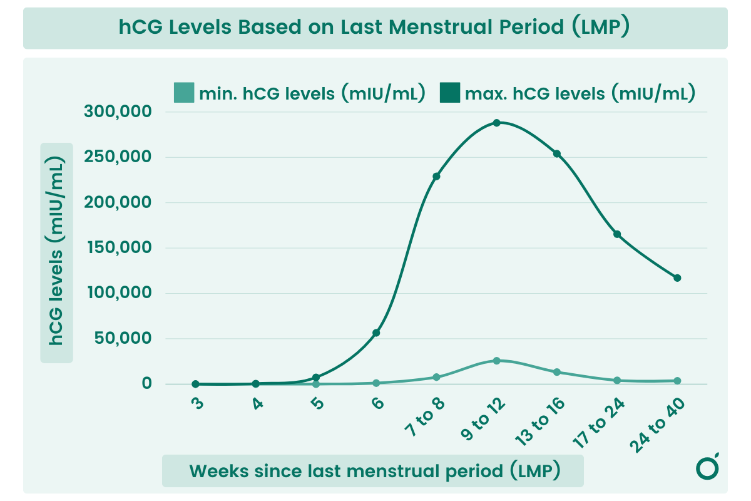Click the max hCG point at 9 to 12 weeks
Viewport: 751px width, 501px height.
pos(496,123)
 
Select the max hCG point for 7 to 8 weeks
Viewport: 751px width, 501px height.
pos(436,176)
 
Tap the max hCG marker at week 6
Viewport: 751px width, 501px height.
pos(376,333)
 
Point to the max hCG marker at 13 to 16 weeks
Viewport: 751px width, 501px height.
pos(557,154)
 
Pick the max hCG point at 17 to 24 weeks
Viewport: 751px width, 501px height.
pos(617,234)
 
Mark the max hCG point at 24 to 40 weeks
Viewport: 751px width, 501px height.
pos(677,277)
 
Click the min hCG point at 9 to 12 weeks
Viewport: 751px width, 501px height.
pos(496,361)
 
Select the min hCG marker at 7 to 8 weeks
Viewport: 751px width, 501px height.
pos(436,377)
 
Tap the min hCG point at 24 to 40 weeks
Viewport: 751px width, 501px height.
pos(677,381)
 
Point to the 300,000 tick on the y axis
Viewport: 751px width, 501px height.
pos(118,112)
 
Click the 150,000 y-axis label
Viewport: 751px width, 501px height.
pos(118,248)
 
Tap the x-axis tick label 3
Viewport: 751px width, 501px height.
pos(197,403)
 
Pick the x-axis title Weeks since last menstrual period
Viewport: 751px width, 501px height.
pos(374,471)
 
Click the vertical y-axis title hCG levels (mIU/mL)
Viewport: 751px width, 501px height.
pos(57,252)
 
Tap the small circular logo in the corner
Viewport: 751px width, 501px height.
pos(707,468)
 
